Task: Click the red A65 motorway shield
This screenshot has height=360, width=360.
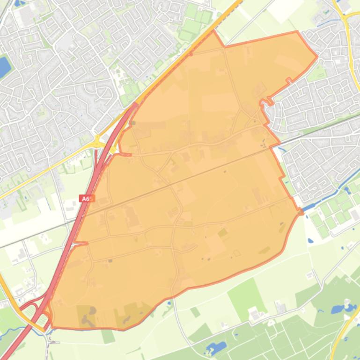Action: (86, 199)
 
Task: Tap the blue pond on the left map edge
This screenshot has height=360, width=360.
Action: (4, 66)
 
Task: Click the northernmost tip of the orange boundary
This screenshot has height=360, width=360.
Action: (214, 31)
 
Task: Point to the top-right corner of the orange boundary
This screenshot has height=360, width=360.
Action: (297, 32)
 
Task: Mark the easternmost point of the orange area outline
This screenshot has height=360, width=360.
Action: (317, 57)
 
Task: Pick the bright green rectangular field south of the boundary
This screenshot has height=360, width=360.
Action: (246, 295)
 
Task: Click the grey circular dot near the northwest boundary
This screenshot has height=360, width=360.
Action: (132, 123)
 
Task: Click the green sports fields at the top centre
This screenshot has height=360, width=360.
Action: (194, 23)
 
